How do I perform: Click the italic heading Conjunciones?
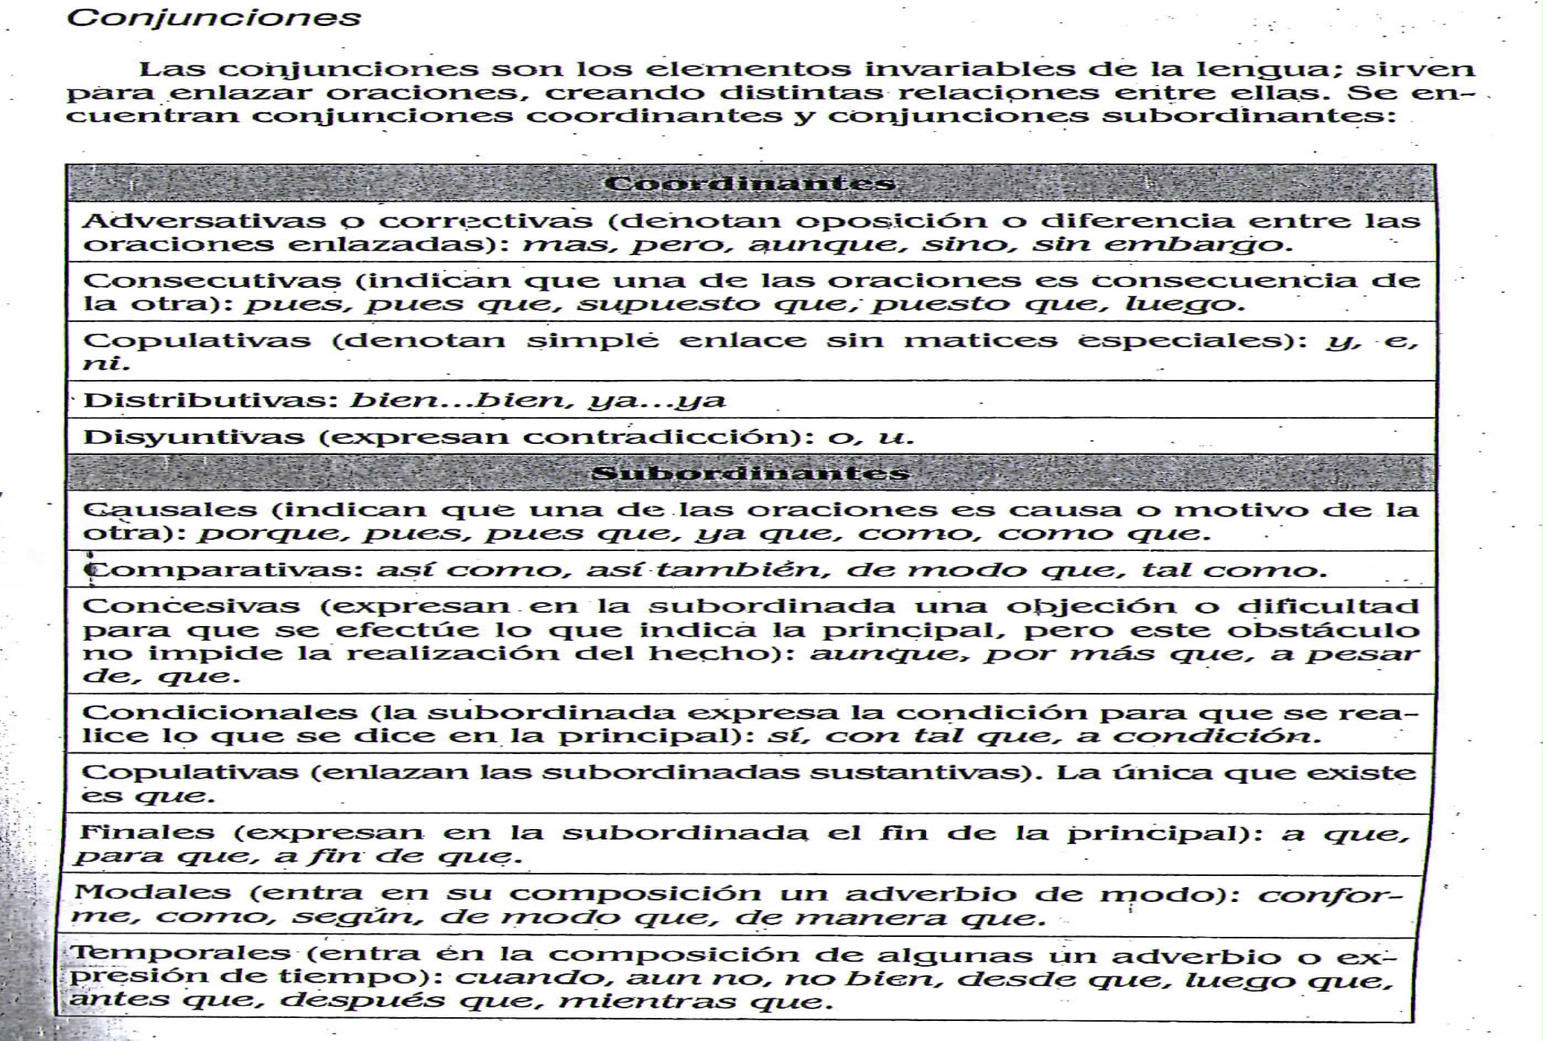pyautogui.click(x=214, y=18)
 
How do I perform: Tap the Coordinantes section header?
pyautogui.click(x=750, y=184)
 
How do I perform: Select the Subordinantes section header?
pyautogui.click(x=750, y=474)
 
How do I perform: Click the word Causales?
pyautogui.click(x=170, y=510)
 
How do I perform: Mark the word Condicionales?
pyautogui.click(x=220, y=712)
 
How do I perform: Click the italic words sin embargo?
pyautogui.click(x=1161, y=245)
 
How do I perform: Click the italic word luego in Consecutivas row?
pyautogui.click(x=1183, y=304)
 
